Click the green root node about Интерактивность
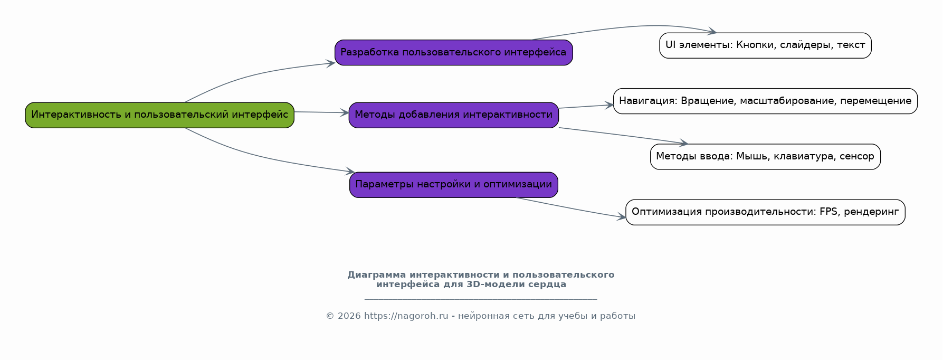coord(159,115)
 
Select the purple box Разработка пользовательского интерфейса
coord(453,53)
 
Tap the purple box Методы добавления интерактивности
coord(453,115)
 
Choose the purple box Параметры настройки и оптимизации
coord(453,185)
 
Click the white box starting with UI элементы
coord(765,45)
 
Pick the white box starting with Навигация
coord(765,101)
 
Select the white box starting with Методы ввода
coord(765,157)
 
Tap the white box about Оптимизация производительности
coord(765,212)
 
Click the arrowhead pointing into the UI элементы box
coord(712,31)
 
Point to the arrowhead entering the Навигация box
coord(609,105)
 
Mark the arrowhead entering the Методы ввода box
coord(683,143)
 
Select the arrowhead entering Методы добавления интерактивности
coord(345,112)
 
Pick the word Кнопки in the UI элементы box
coord(756,45)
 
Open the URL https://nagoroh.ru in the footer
coord(406,316)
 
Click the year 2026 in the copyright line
coord(349,316)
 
